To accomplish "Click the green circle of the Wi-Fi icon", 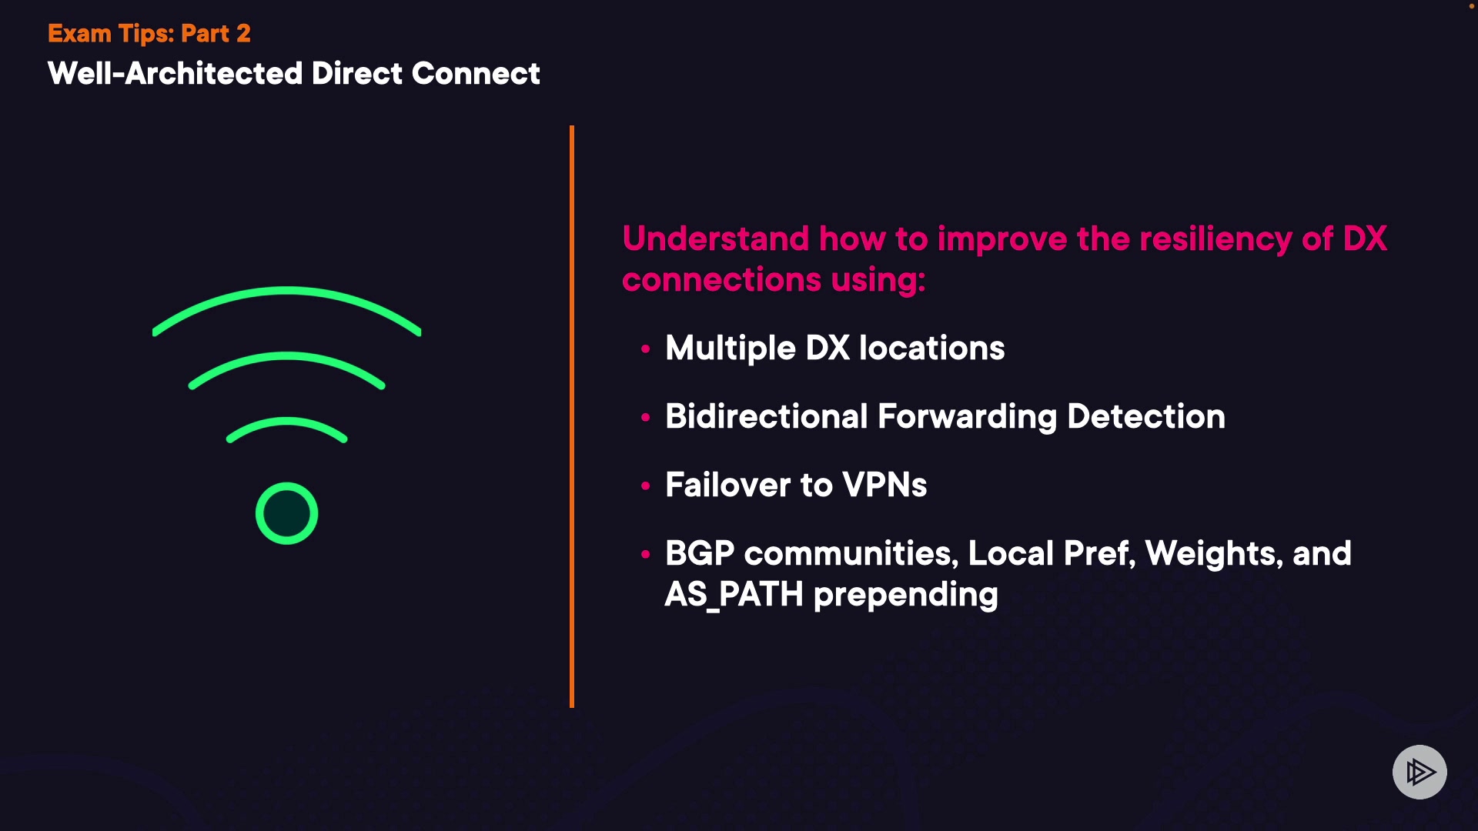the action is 286,513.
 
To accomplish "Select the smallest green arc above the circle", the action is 286,422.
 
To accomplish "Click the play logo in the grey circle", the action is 1419,772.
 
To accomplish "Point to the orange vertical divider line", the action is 572,415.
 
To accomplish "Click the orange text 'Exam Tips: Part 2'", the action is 149,34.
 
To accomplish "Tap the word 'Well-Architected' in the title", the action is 175,74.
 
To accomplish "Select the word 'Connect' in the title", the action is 476,74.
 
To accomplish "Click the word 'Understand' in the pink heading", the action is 715,239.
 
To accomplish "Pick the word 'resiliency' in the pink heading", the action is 1215,239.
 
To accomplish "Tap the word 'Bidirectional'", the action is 766,416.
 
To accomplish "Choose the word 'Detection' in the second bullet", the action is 1145,416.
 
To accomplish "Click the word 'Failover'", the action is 727,485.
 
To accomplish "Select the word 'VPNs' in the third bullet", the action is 884,485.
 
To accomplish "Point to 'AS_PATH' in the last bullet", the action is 734,595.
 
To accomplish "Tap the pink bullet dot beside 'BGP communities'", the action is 645,554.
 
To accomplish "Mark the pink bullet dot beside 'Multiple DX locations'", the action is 645,349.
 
